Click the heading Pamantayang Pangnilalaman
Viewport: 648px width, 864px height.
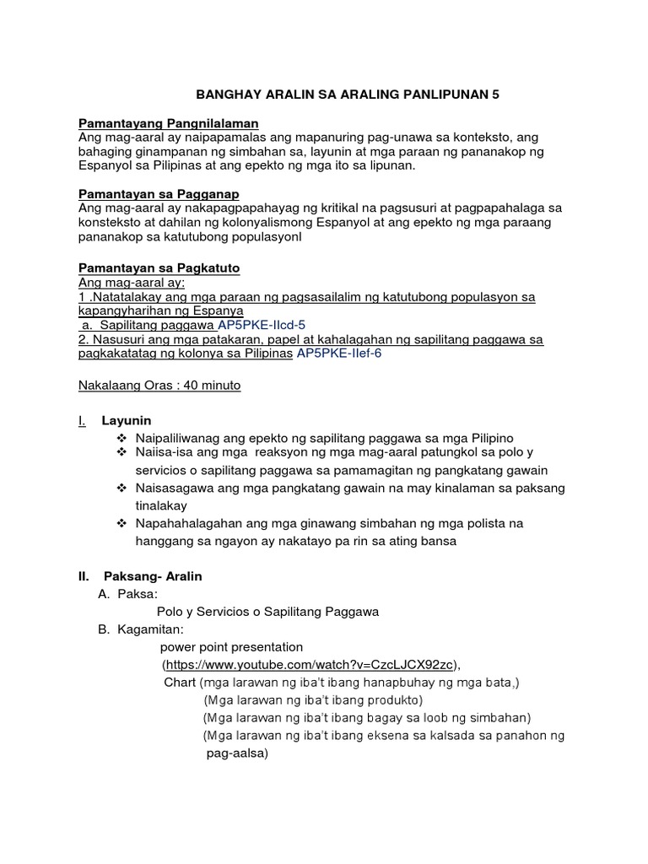(x=168, y=123)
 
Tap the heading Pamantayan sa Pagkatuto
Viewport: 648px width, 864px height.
(x=159, y=267)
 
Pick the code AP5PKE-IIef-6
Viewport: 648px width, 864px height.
(x=337, y=354)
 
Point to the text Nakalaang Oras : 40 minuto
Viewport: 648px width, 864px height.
(x=159, y=385)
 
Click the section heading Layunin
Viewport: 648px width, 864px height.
(x=127, y=420)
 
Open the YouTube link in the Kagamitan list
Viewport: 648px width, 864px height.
(x=312, y=664)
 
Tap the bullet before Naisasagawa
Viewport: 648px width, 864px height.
(x=122, y=489)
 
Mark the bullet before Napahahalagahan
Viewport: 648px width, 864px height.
(x=122, y=524)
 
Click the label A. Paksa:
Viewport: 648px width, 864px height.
(x=128, y=594)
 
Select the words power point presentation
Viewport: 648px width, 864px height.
(x=231, y=647)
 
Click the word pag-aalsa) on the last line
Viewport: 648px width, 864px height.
(x=237, y=753)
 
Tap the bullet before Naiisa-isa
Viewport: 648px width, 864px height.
(x=122, y=454)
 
